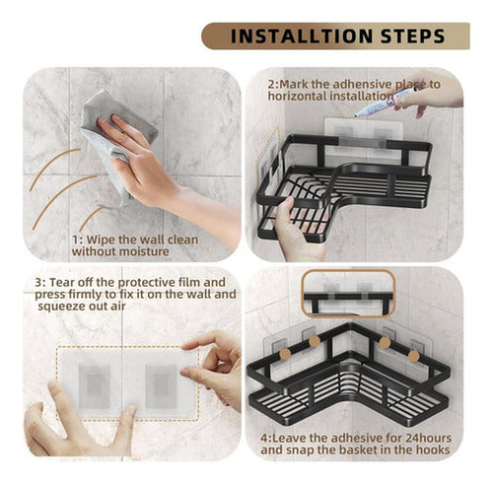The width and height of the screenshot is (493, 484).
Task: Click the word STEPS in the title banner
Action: coord(413,36)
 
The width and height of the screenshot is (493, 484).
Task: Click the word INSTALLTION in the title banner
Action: coord(301,36)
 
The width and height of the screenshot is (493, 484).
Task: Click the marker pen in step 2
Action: coord(386,103)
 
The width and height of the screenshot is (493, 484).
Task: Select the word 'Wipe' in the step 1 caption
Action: coord(101,240)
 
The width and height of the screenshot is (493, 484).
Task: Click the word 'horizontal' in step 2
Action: coord(297,97)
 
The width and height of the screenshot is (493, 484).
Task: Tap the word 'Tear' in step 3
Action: coord(62,282)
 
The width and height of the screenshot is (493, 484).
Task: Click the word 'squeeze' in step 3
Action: coord(61,307)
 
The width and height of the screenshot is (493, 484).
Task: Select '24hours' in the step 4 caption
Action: coord(429,438)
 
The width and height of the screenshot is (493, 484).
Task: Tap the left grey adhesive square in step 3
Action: coord(94,386)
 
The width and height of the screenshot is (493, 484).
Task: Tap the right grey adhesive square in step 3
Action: coord(162,386)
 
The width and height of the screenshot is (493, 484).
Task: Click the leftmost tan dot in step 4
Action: coord(285,354)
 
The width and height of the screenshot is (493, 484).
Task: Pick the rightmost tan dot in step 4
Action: coord(413,356)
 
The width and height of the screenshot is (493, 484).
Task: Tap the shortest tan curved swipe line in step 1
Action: coord(92,217)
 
